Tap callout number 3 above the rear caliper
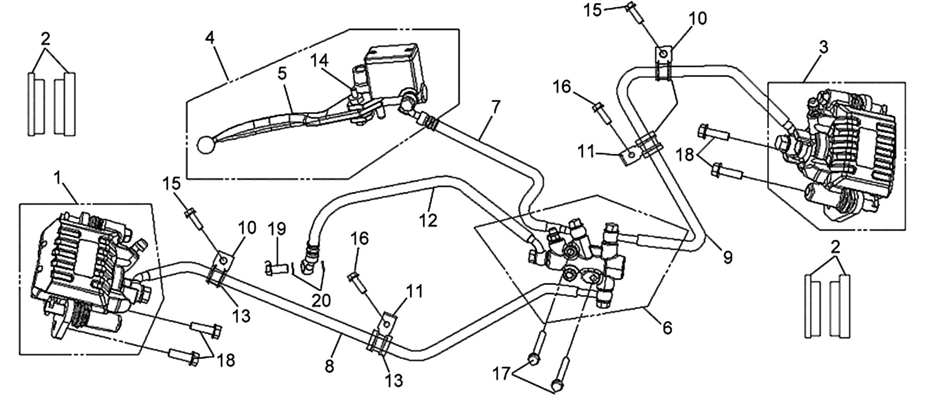(823, 47)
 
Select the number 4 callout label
(210, 38)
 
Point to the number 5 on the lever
(282, 73)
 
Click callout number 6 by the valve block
(667, 327)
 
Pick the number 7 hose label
(495, 107)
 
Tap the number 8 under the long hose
(329, 366)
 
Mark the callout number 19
(277, 229)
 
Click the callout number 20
(321, 301)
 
